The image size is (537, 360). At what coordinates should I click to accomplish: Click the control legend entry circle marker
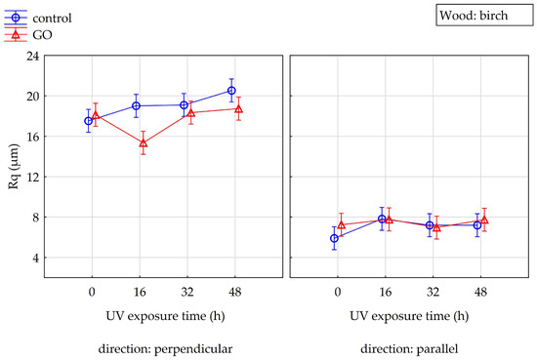point(16,18)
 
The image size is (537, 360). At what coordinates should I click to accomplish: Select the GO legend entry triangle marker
point(16,34)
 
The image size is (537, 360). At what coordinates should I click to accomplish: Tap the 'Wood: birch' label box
point(484,15)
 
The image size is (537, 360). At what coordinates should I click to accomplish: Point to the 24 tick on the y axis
point(33,56)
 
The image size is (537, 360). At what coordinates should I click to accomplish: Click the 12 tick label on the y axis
point(33,177)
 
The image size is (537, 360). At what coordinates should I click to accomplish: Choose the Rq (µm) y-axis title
point(14,167)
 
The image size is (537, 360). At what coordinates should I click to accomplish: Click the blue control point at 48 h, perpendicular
point(231,91)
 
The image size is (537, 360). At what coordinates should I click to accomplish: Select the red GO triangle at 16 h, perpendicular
point(144,142)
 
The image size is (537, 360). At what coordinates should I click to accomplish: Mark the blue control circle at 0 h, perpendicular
point(88,121)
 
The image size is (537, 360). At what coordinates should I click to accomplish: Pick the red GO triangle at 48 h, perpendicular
point(238,109)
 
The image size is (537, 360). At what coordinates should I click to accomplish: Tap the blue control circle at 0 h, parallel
point(334,238)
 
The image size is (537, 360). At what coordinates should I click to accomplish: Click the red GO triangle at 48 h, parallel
point(484,220)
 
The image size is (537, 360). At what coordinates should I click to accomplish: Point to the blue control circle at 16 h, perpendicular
point(136,105)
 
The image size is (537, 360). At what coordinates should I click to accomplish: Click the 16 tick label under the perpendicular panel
point(140,292)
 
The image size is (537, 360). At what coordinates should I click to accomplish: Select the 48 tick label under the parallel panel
point(480,292)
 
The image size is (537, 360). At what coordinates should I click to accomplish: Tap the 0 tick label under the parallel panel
point(338,292)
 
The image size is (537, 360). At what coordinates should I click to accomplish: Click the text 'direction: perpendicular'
point(165,349)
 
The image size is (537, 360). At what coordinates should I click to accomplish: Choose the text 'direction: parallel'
point(409,349)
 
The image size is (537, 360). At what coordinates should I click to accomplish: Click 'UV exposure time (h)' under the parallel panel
point(409,316)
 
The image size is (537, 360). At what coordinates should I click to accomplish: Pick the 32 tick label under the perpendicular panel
point(187,292)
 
